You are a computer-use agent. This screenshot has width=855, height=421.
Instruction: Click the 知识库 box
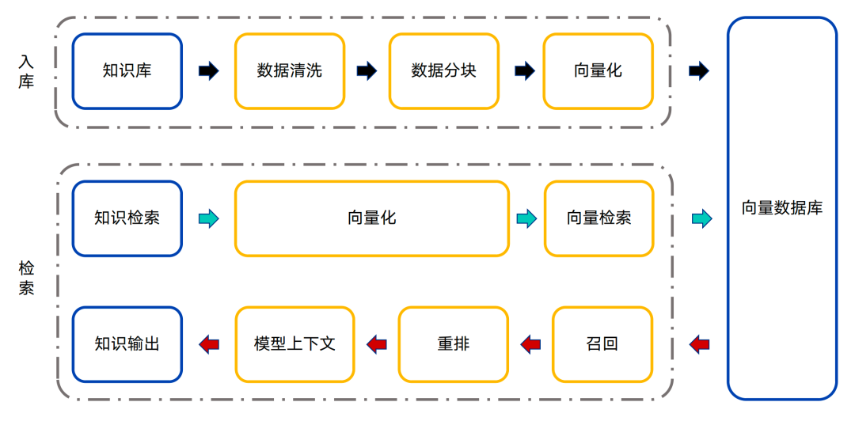(x=127, y=70)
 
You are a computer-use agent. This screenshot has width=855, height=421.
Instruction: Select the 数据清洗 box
(x=290, y=70)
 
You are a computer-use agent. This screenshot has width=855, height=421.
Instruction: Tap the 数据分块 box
(x=443, y=70)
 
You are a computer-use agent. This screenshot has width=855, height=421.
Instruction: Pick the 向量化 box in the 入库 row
(x=598, y=70)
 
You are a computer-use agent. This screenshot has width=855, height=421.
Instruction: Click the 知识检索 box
(x=127, y=218)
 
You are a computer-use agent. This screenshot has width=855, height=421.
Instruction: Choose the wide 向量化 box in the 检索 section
(x=371, y=218)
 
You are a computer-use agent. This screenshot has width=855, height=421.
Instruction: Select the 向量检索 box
(x=598, y=218)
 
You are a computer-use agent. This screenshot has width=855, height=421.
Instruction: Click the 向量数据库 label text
(x=781, y=208)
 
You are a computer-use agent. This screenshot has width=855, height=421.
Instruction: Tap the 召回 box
(x=602, y=344)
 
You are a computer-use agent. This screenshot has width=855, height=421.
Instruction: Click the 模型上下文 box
(x=294, y=344)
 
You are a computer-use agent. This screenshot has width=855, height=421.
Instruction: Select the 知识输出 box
(x=127, y=344)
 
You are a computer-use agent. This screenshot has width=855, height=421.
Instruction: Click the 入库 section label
(x=26, y=70)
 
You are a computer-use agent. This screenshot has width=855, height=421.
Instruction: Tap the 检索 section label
(x=26, y=278)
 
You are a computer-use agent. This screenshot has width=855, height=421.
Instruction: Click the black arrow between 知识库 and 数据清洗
(x=208, y=71)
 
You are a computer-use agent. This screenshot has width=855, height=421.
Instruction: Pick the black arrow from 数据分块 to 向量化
(x=524, y=71)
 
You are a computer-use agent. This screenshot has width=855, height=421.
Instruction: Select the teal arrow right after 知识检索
(x=208, y=218)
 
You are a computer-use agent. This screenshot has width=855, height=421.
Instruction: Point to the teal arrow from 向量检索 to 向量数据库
(x=701, y=218)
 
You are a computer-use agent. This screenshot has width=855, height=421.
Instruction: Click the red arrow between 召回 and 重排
(x=530, y=344)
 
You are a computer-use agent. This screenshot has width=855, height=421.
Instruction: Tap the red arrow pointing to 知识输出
(x=209, y=344)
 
